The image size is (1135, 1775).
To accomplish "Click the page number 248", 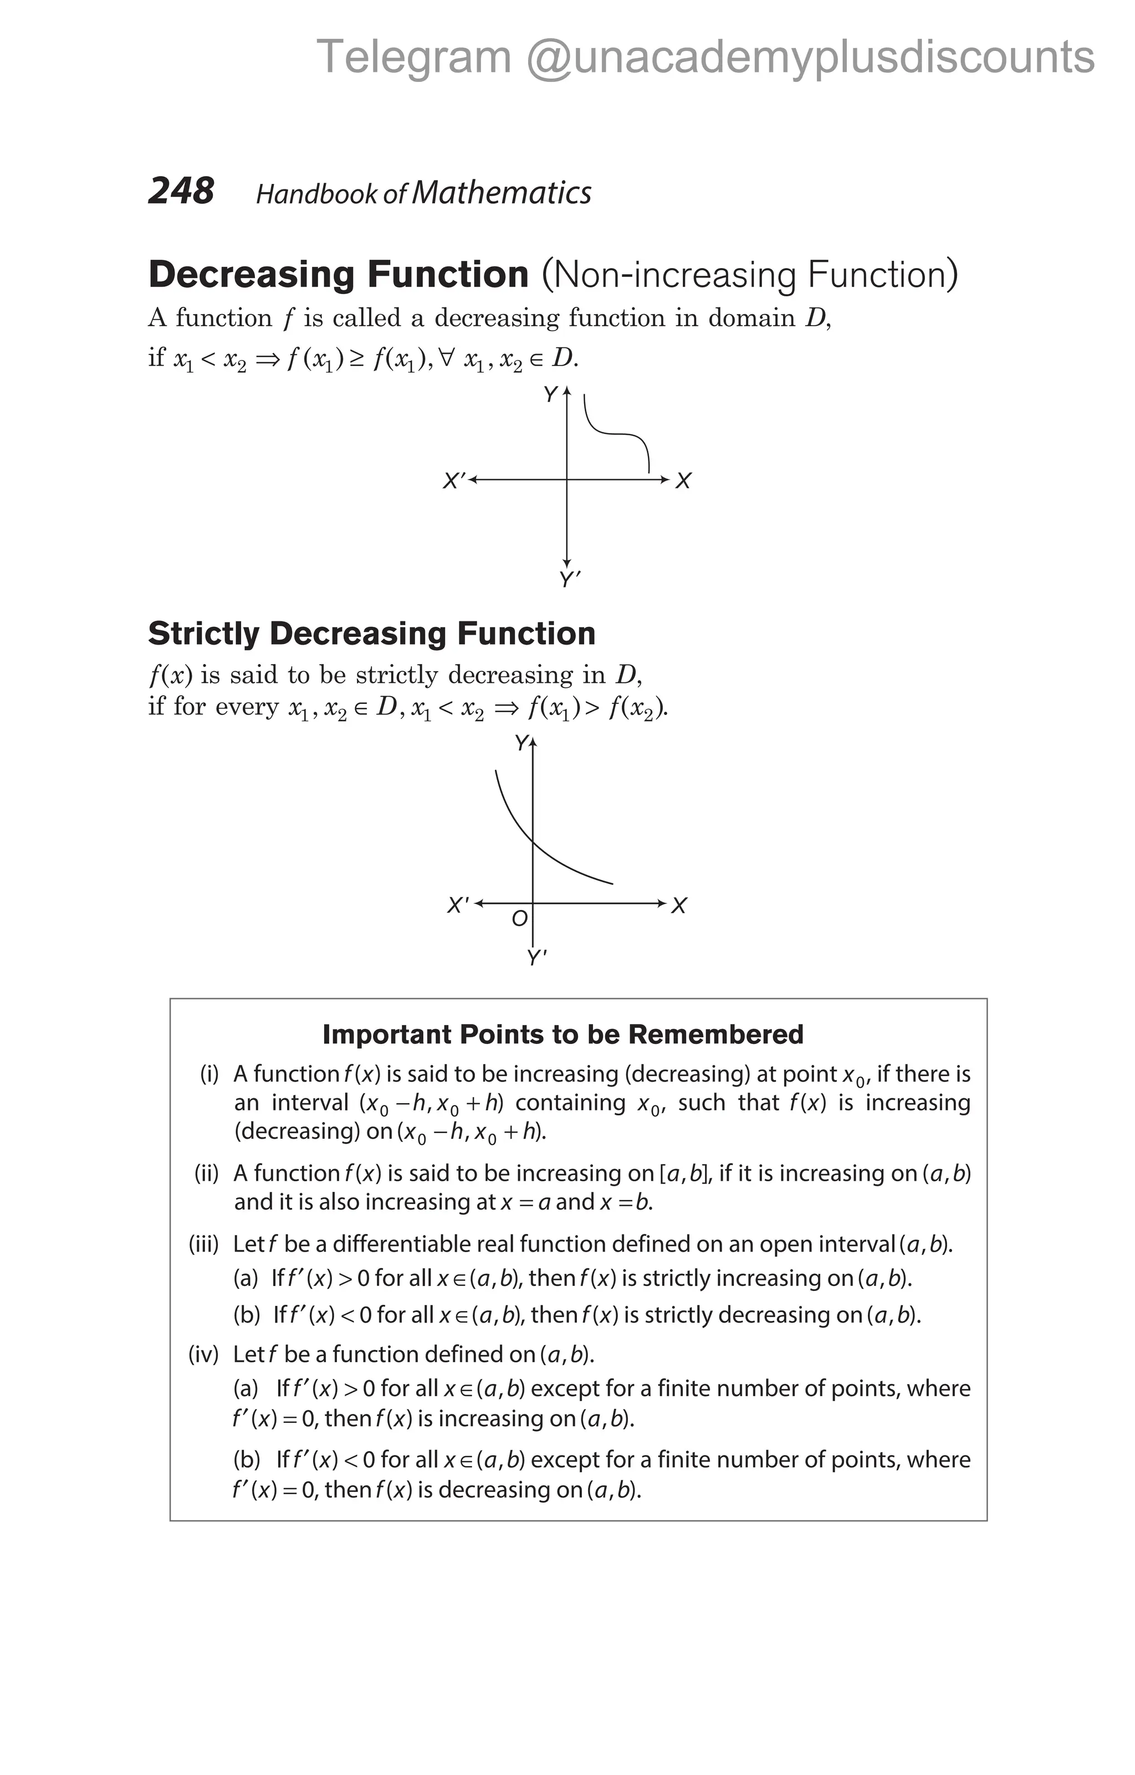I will pos(181,191).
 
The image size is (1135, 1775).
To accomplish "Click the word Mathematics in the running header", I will pos(502,193).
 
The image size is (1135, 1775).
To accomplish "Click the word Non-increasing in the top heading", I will pos(676,275).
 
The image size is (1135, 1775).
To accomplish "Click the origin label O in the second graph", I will pos(520,918).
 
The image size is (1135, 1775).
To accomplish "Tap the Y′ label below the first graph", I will pos(569,580).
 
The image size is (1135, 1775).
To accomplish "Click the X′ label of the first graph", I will pos(453,481).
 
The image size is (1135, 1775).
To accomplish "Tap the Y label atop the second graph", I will pos(522,743).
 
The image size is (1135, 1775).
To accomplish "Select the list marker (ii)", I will pos(207,1173).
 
